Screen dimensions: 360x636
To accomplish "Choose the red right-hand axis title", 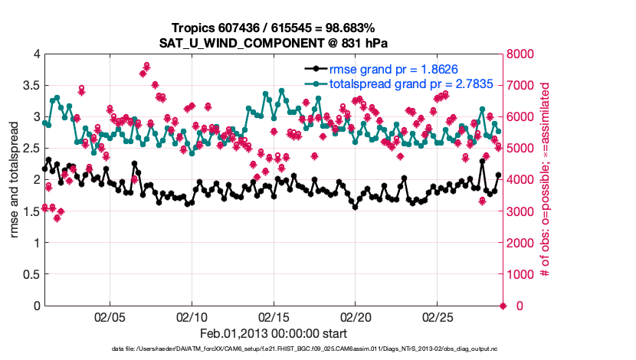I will [546, 180].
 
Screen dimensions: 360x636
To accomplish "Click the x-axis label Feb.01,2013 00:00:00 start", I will [274, 333].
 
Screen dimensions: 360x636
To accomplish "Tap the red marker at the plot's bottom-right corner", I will [503, 306].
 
